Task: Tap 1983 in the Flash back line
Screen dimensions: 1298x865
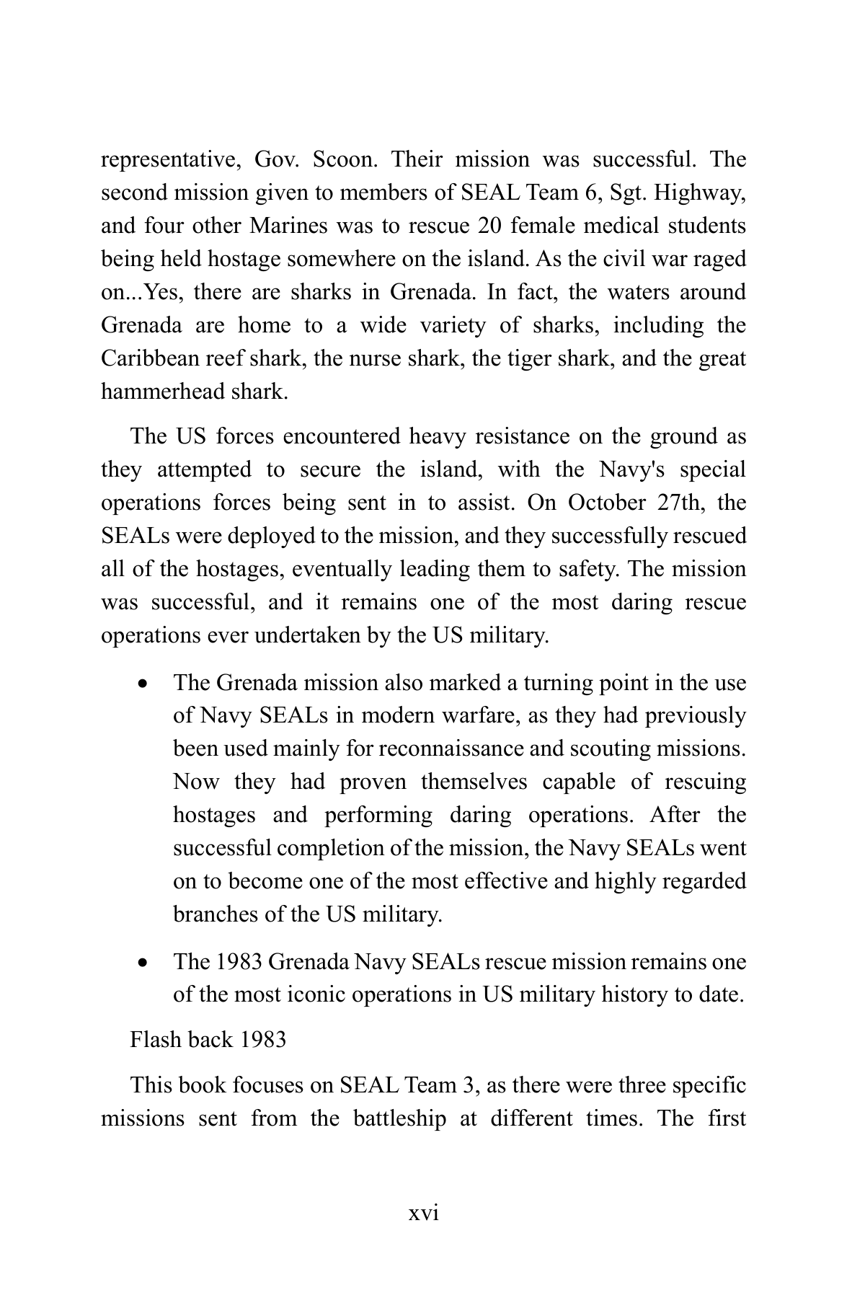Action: point(262,1040)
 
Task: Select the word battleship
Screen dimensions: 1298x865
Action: point(399,1119)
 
